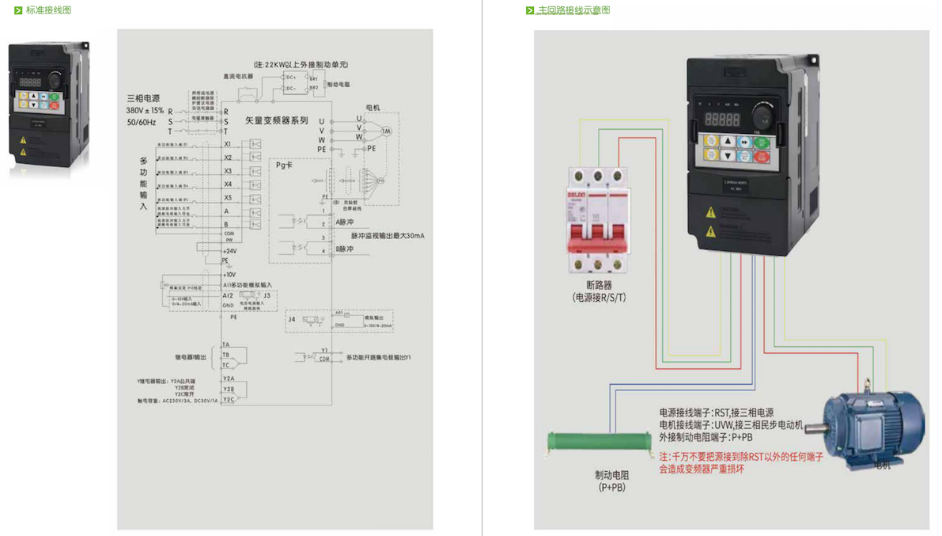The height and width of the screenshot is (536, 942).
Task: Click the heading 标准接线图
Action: [48, 10]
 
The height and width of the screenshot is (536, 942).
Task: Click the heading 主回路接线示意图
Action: [573, 10]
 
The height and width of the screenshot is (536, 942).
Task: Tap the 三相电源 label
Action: [143, 99]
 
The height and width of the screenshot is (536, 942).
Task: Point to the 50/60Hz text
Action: [141, 123]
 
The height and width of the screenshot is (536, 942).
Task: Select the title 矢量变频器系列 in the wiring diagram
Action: [276, 121]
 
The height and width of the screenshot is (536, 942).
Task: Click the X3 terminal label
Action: [228, 171]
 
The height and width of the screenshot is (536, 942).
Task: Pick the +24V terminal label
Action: [229, 251]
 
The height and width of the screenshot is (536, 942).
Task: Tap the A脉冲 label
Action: [345, 222]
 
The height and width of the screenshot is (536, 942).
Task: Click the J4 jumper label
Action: [291, 319]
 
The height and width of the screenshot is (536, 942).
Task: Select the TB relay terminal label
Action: [225, 355]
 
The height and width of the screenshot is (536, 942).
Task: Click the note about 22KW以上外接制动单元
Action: [301, 64]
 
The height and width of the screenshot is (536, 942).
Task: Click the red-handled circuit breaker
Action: [598, 221]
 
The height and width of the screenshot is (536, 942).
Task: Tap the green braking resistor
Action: [600, 443]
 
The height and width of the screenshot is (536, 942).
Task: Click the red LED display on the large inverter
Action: [722, 120]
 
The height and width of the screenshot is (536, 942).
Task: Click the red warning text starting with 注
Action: [741, 463]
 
